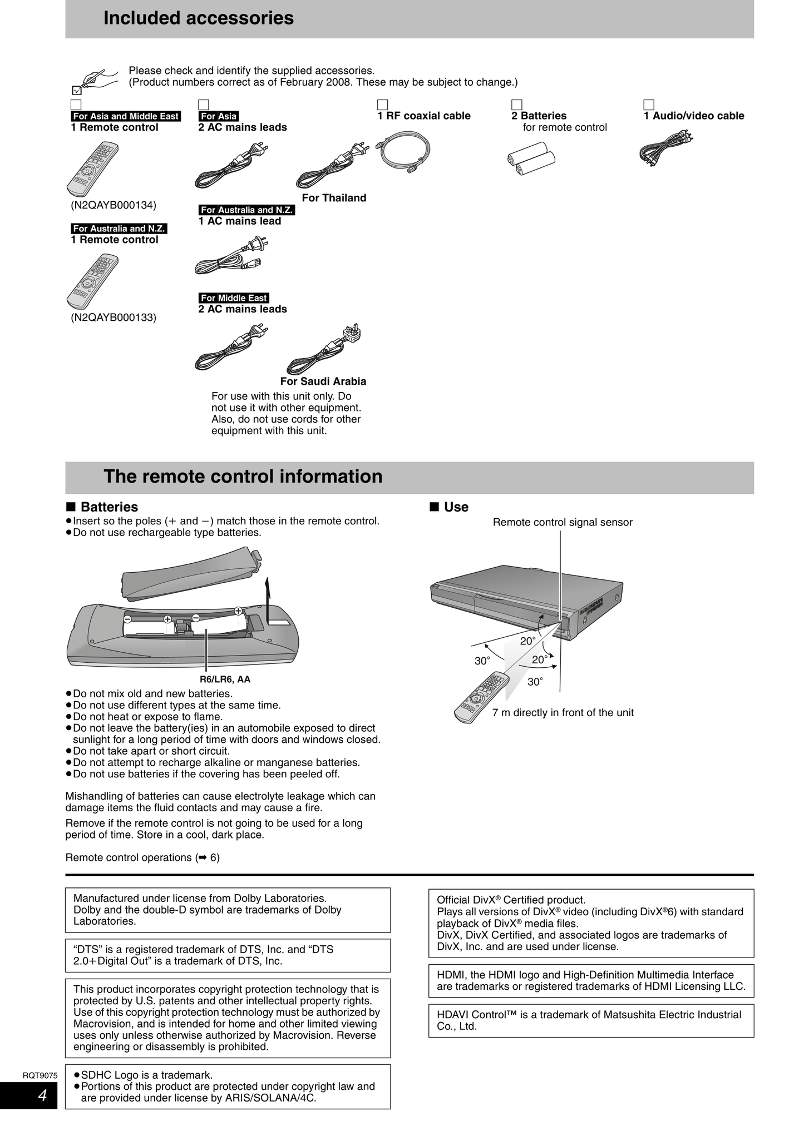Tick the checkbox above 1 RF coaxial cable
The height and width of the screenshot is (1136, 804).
pos(382,105)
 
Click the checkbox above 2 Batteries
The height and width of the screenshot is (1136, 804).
pos(517,105)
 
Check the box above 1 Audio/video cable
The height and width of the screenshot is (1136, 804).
pos(649,105)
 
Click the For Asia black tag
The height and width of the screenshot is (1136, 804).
pos(219,116)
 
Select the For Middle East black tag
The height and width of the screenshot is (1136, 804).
pos(234,298)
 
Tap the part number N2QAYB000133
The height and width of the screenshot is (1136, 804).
pos(114,318)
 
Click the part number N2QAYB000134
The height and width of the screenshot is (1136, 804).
pos(114,205)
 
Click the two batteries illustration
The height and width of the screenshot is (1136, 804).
pos(531,159)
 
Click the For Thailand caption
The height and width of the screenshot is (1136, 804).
pos(334,198)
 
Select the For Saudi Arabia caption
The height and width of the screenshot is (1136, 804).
pos(323,381)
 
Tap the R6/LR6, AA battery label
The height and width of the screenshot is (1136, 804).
pos(225,679)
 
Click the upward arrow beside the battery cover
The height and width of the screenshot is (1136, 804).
pos(269,598)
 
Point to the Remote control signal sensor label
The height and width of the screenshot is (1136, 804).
pos(563,522)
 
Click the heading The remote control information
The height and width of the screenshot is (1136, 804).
pos(243,477)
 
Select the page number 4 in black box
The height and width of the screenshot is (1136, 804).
pos(42,1096)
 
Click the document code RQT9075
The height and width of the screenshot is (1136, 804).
pos(40,1075)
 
